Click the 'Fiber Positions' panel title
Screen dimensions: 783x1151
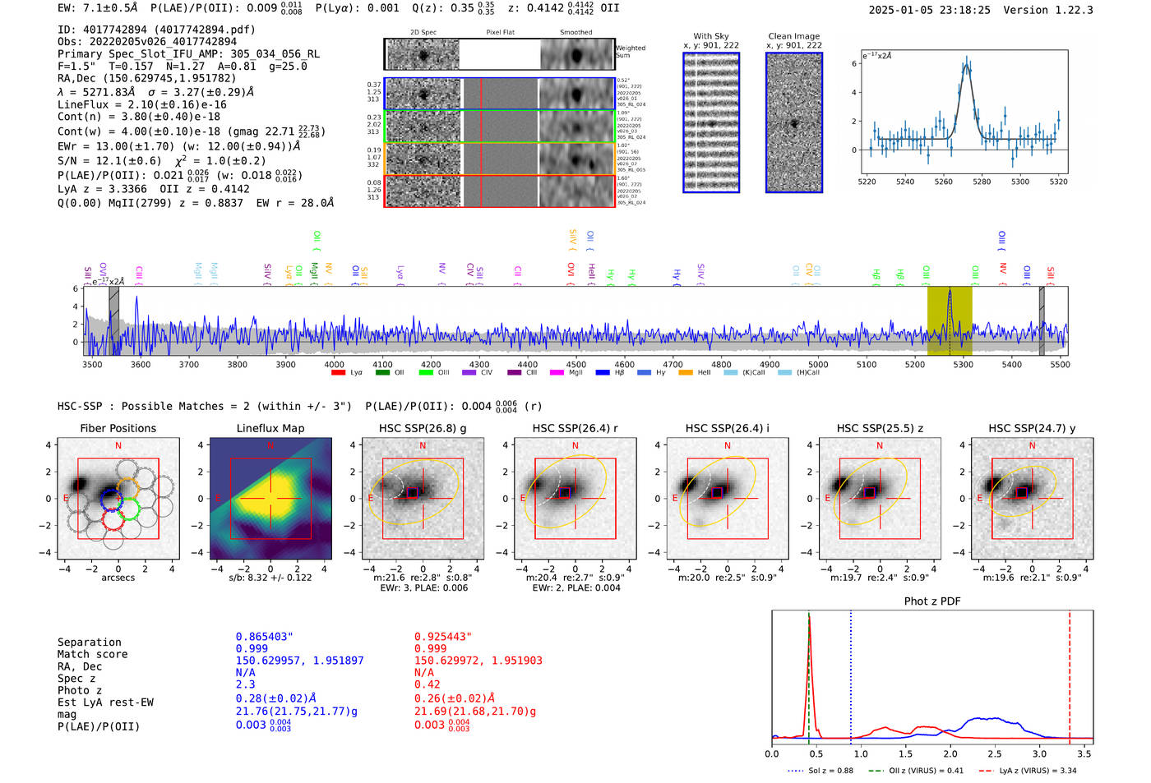[118, 428]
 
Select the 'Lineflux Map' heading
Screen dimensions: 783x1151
[270, 428]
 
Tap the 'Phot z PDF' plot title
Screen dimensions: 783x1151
[932, 601]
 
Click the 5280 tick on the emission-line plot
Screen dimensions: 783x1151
[982, 182]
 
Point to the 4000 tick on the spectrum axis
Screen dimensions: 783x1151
[334, 365]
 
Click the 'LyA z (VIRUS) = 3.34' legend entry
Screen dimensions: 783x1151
[1029, 771]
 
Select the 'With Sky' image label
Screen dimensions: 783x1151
[711, 36]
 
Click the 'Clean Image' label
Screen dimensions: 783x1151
[793, 36]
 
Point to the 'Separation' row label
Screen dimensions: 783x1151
[89, 643]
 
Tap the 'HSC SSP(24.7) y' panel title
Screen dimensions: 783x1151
[1032, 428]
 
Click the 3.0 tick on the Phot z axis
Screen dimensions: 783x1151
[1040, 753]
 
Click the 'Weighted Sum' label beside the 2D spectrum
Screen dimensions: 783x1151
[631, 52]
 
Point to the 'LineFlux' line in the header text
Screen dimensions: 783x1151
[141, 105]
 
